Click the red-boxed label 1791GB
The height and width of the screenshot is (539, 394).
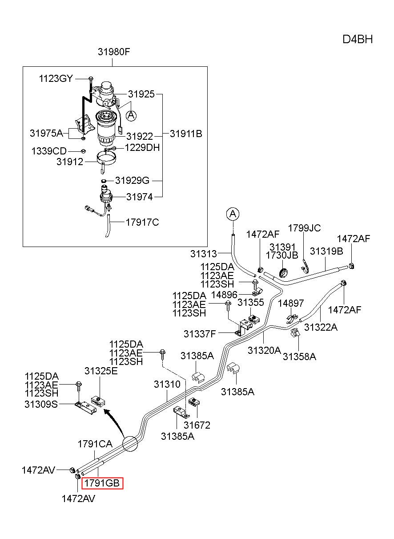102,483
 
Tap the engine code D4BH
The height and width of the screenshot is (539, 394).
358,40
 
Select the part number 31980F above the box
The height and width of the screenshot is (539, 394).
114,52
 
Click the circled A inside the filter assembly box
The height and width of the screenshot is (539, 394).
131,116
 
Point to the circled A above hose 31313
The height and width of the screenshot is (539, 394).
233,214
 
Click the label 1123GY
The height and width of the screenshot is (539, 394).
56,79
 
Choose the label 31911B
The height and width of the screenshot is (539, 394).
186,134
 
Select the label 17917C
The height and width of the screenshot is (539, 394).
142,223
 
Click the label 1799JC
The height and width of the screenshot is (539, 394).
304,228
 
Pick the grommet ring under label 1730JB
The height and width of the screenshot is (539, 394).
283,272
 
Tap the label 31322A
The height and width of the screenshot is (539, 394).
321,327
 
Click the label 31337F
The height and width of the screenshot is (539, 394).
200,334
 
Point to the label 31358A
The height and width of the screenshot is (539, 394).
299,357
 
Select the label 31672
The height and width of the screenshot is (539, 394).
197,425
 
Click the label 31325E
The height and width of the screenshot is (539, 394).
101,371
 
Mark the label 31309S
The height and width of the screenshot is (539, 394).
41,404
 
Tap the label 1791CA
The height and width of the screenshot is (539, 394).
95,444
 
